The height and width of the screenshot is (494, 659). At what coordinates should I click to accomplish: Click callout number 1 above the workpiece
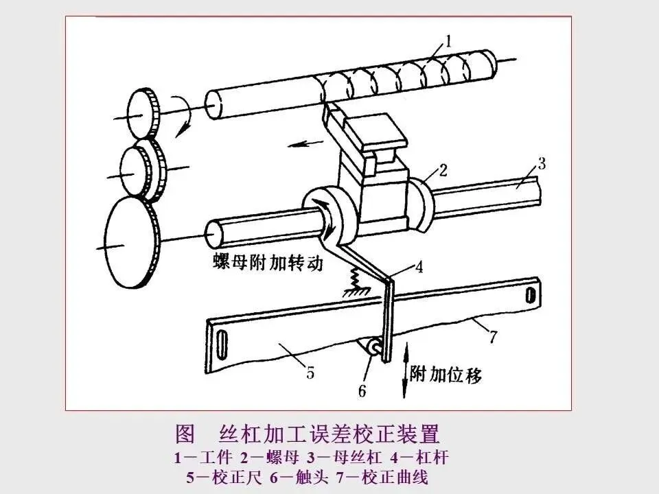click(448, 42)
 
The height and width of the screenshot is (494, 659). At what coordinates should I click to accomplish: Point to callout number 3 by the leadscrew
click(542, 163)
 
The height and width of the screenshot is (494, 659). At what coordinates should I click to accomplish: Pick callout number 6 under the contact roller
click(362, 391)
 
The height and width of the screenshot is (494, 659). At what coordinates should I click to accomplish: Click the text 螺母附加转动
click(268, 263)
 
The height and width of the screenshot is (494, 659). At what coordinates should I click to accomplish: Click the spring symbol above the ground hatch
click(358, 278)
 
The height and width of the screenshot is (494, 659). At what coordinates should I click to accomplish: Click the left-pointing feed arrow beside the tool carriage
click(297, 143)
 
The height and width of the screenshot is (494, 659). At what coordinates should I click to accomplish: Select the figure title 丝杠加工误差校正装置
click(328, 435)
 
